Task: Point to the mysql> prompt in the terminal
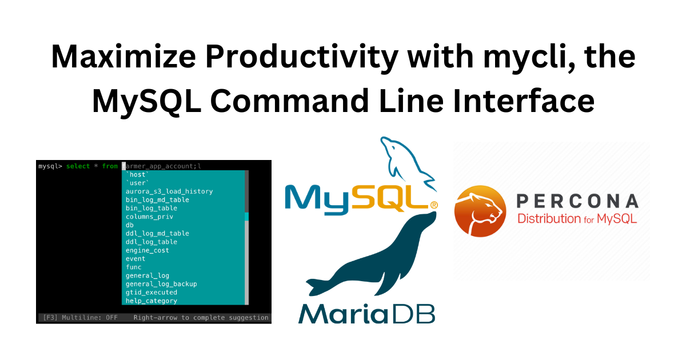tap(50, 166)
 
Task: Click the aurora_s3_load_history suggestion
tap(169, 191)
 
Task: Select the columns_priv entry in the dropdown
tap(149, 217)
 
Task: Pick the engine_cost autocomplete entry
tap(147, 250)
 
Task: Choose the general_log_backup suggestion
tap(161, 284)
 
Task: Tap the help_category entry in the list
tap(151, 301)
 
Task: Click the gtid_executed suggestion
tap(151, 292)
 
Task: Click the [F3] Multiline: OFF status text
tap(80, 318)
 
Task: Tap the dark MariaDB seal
tap(377, 257)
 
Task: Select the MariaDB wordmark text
tap(366, 313)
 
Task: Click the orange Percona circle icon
tap(480, 211)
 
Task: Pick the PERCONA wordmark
tap(577, 201)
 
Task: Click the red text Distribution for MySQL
tap(577, 218)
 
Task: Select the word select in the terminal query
tap(78, 166)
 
